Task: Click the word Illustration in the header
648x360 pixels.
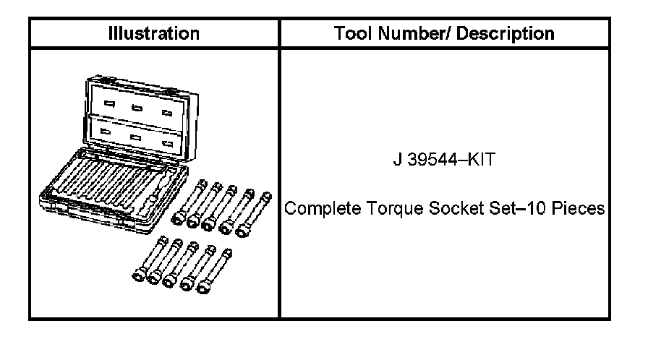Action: pos(153,33)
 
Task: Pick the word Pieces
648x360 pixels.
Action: pos(576,210)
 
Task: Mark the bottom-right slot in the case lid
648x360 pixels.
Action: pos(168,143)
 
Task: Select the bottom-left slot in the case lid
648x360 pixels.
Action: pos(107,132)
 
